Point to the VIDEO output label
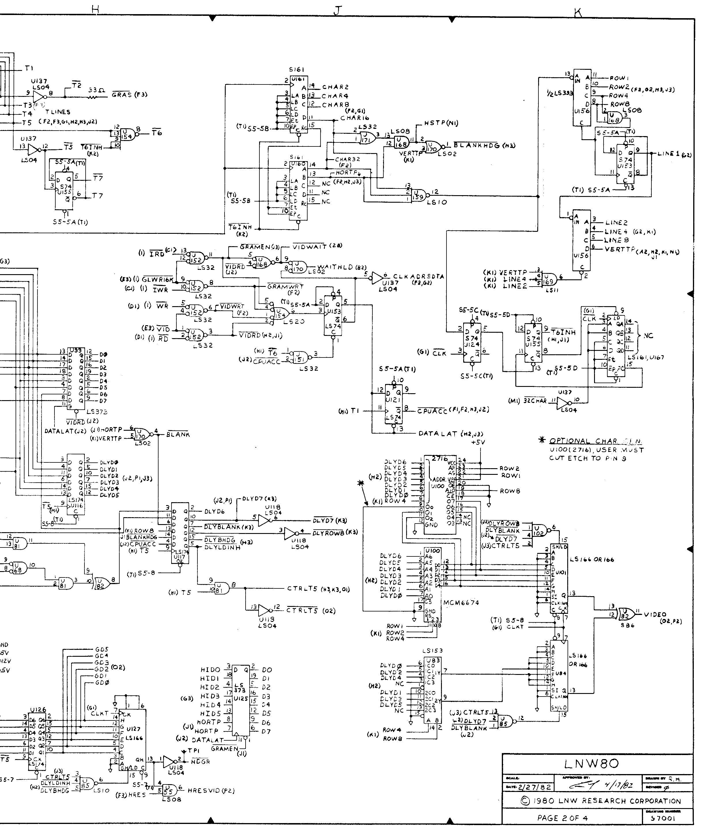pos(655,615)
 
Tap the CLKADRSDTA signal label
pos(419,277)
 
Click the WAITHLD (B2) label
pos(341,268)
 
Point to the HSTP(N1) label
pos(441,123)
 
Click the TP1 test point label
pos(193,750)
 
